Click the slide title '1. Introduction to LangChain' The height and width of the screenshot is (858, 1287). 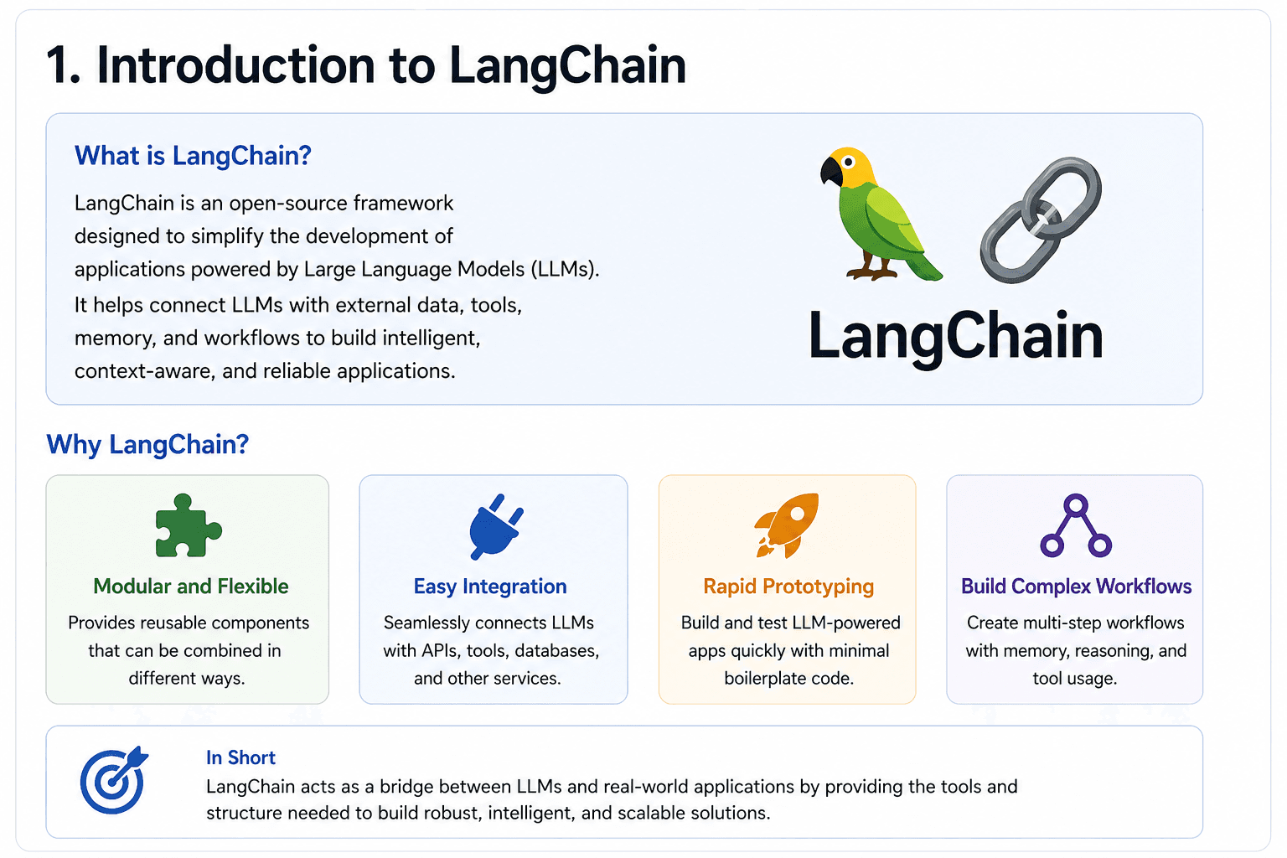(x=366, y=65)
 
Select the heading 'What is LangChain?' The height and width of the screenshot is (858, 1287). (x=193, y=156)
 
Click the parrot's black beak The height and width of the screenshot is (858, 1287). (x=830, y=172)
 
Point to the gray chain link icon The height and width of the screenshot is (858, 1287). (x=1041, y=220)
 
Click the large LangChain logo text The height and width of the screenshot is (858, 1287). (x=955, y=336)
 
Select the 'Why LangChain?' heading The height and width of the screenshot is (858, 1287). (x=147, y=444)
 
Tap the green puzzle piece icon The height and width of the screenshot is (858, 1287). (x=188, y=526)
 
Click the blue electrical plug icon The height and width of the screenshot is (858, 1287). (x=495, y=526)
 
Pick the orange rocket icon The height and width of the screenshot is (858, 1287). (x=788, y=525)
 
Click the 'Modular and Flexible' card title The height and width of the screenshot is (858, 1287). (x=191, y=587)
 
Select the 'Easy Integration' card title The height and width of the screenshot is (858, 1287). (x=490, y=587)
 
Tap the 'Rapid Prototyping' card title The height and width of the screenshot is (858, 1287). (x=788, y=587)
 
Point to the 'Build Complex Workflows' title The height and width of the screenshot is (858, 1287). (x=1076, y=587)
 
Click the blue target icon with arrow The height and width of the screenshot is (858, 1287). (x=114, y=780)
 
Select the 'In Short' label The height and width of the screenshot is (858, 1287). (x=240, y=757)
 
